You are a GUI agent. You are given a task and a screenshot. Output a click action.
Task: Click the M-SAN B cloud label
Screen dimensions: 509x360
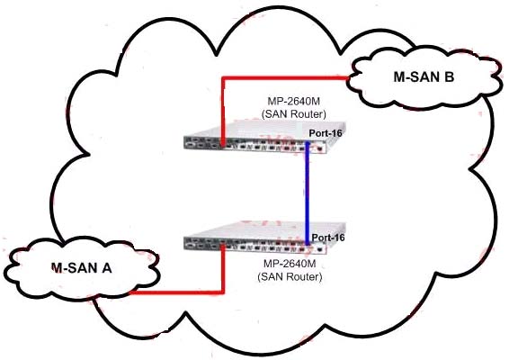(424, 77)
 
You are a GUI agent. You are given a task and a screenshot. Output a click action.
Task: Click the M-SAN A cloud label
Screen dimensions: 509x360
(82, 268)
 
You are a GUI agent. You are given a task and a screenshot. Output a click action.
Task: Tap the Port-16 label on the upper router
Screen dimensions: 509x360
(326, 133)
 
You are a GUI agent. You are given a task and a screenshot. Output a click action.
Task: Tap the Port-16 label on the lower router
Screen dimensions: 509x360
(328, 238)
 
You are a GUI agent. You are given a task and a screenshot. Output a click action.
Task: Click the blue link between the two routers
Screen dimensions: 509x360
(307, 193)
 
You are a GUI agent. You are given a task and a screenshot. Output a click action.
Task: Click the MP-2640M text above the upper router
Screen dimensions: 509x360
(293, 102)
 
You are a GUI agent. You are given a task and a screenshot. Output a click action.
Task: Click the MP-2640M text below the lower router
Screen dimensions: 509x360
(290, 264)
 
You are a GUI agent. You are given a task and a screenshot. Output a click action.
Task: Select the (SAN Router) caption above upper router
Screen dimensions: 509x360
(293, 114)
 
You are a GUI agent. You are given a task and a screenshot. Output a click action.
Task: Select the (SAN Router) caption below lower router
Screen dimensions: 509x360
(290, 277)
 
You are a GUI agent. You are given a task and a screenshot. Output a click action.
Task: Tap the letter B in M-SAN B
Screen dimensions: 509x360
(449, 77)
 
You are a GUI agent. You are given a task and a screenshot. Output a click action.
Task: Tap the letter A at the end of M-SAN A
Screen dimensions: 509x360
(107, 268)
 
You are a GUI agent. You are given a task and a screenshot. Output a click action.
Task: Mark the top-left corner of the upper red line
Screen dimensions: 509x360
(222, 77)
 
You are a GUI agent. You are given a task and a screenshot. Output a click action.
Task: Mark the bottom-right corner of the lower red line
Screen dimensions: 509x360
(223, 293)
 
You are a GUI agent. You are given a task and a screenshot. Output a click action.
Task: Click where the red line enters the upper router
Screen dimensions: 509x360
(223, 144)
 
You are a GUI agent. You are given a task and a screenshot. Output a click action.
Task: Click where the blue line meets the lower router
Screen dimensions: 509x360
(307, 243)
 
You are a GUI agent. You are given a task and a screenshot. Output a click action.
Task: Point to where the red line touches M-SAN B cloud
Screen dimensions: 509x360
(348, 78)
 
